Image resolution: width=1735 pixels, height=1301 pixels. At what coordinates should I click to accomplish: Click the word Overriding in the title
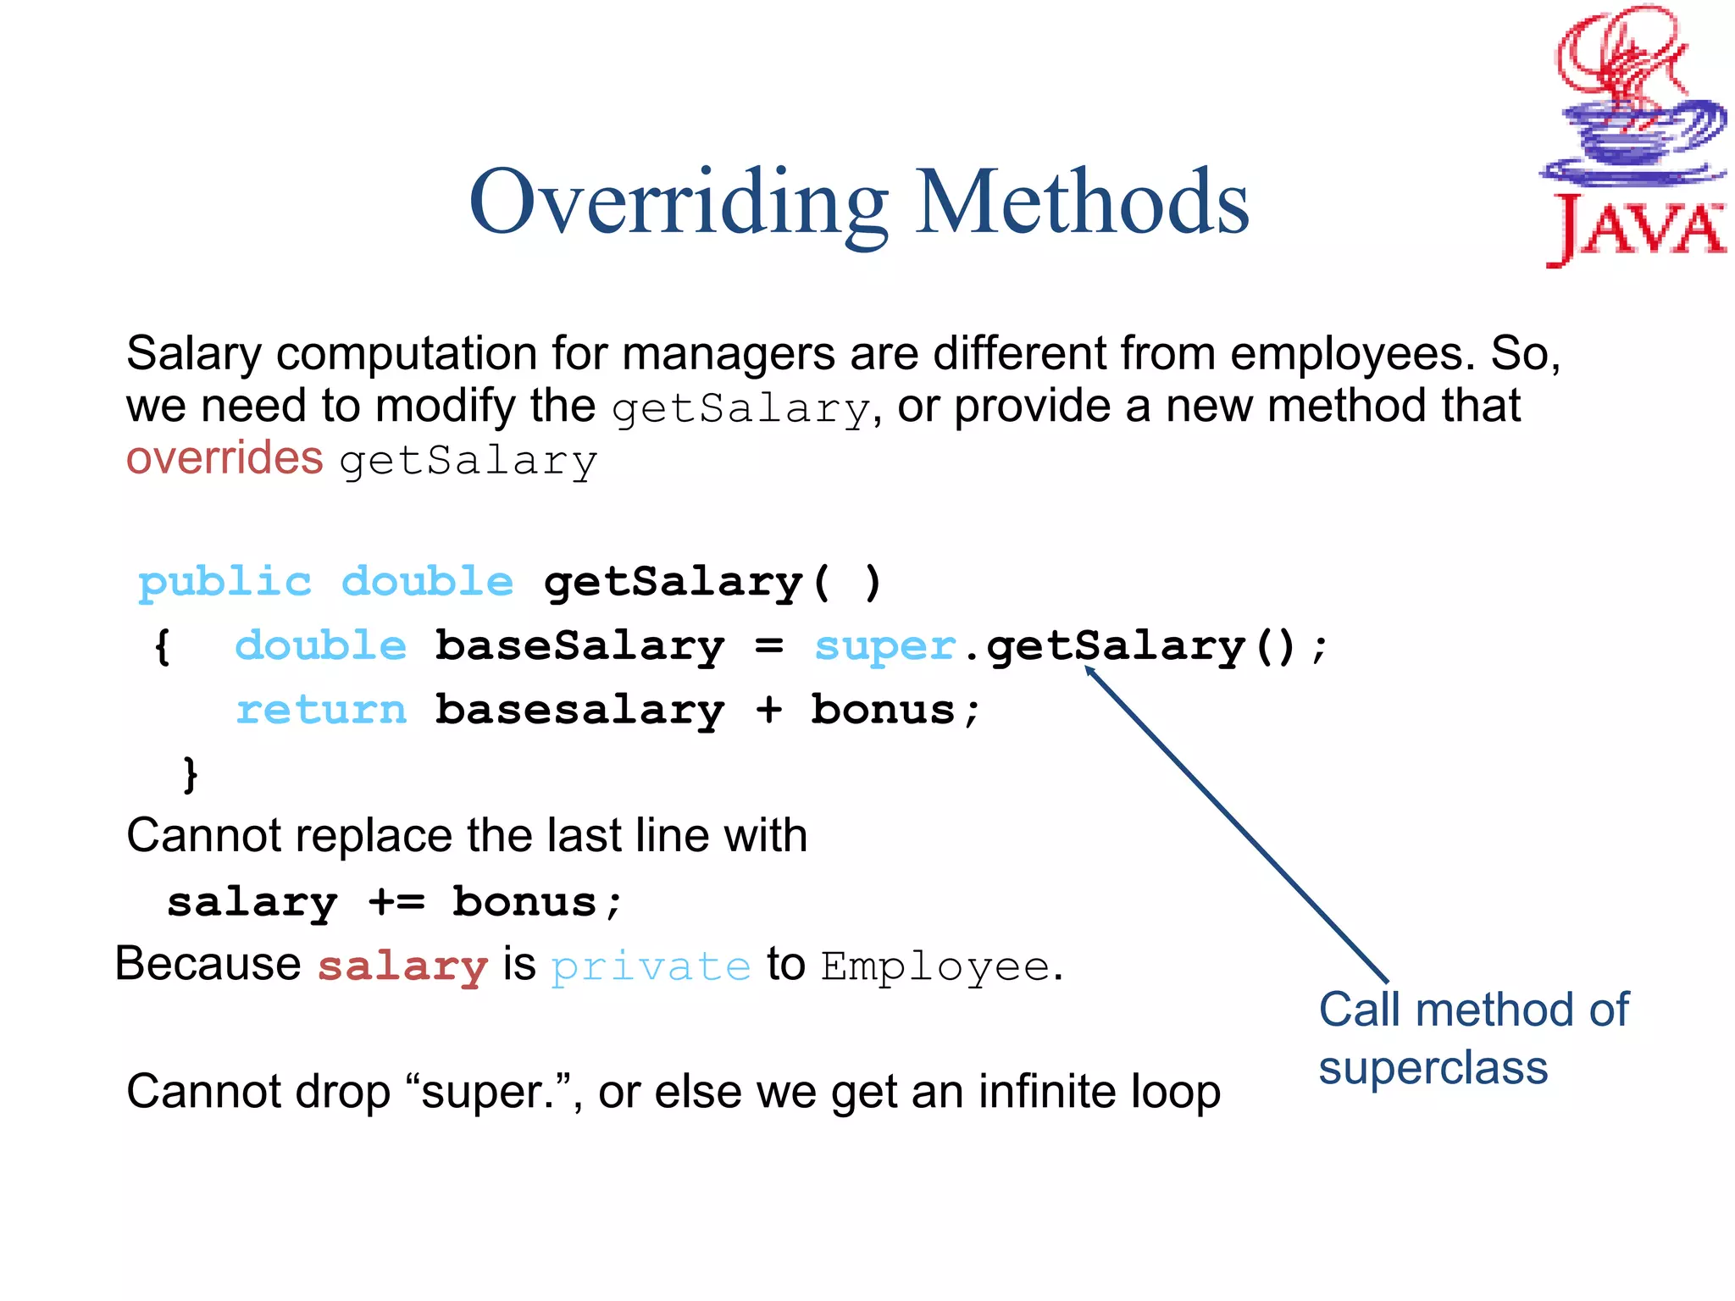(678, 203)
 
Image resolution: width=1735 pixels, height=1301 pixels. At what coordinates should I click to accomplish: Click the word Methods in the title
(1082, 203)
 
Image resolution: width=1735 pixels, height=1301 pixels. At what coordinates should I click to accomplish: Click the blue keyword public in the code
(224, 584)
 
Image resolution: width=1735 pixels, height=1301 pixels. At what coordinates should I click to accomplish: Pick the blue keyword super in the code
(884, 647)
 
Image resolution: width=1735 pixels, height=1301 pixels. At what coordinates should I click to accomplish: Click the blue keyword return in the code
(321, 710)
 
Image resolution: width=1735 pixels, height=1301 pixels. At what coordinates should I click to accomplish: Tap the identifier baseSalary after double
(579, 647)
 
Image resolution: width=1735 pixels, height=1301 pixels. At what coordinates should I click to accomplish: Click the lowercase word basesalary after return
(579, 710)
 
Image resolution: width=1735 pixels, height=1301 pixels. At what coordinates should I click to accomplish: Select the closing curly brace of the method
(191, 773)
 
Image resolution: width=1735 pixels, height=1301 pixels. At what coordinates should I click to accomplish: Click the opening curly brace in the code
(163, 647)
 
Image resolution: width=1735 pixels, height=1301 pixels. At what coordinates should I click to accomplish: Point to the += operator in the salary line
(396, 902)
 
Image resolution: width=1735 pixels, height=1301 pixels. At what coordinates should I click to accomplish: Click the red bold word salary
(402, 966)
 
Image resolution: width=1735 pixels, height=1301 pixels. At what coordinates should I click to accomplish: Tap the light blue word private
(651, 967)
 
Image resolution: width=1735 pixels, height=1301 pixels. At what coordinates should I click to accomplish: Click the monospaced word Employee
(935, 966)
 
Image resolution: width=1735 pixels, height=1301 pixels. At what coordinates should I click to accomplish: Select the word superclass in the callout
(1433, 1067)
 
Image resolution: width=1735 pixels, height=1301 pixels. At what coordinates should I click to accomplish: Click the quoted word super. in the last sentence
(487, 1092)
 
